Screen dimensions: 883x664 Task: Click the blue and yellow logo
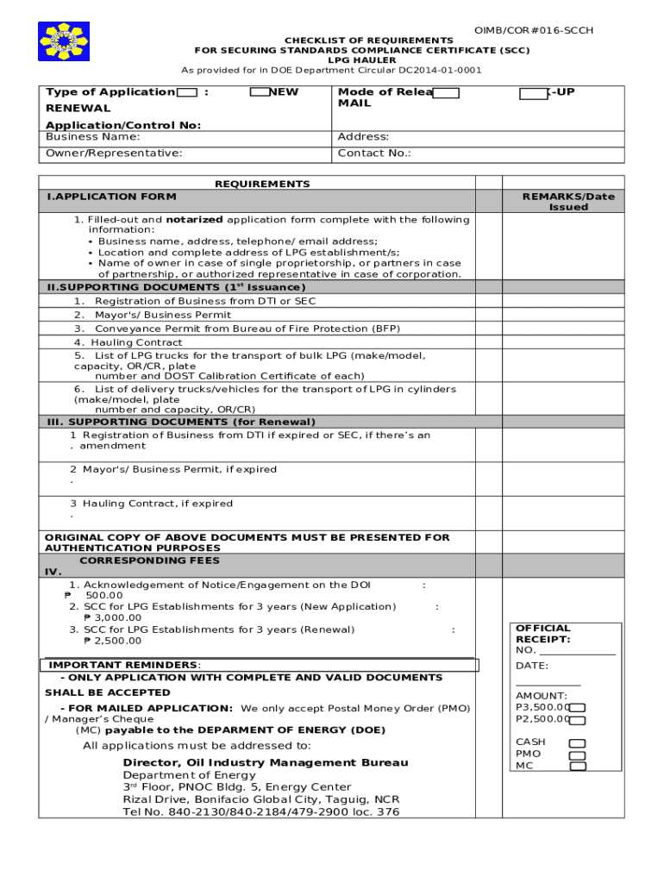(x=63, y=41)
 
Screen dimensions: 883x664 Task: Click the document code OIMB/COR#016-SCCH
(x=534, y=30)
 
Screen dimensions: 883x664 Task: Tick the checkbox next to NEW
(x=259, y=92)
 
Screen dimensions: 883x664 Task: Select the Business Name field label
(x=92, y=137)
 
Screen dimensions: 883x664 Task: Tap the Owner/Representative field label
(x=114, y=153)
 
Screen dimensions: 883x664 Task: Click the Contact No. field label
(x=373, y=153)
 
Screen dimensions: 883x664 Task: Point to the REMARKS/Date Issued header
(x=568, y=202)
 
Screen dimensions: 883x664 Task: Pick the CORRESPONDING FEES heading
(x=149, y=560)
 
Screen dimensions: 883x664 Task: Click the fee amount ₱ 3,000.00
(x=112, y=617)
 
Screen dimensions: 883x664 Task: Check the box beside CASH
(x=577, y=743)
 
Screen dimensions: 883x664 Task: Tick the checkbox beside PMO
(x=577, y=755)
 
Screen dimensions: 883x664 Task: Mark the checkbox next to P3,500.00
(x=579, y=708)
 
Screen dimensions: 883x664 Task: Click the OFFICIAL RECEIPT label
(x=543, y=634)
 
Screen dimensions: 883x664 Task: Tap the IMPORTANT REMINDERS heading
(x=123, y=665)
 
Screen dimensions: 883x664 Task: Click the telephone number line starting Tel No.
(x=260, y=811)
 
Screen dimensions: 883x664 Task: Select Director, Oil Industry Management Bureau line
(x=265, y=762)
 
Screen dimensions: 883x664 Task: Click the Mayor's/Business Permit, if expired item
(x=179, y=470)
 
